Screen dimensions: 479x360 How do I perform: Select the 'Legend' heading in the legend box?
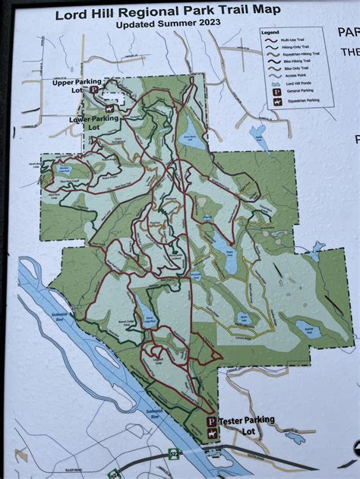pos(270,33)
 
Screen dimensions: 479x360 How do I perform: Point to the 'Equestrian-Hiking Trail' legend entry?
pos(301,54)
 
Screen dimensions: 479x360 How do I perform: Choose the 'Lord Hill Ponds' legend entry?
pos(296,84)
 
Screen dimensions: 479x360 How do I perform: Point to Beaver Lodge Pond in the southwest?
pos(144,310)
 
